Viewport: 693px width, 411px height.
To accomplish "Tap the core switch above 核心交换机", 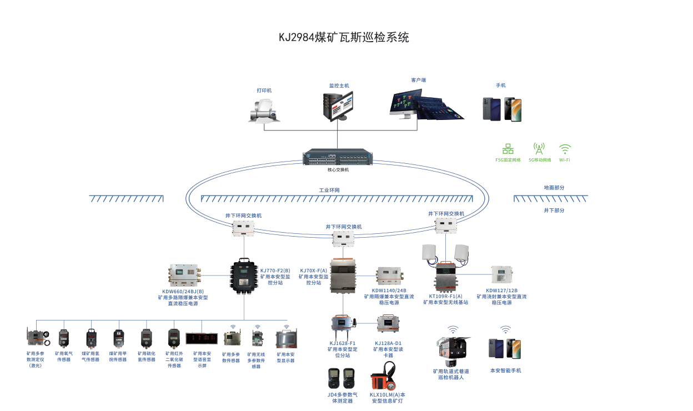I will click(338, 158).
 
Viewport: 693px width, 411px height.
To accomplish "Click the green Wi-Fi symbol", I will click(565, 149).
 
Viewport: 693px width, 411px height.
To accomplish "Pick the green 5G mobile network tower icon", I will click(539, 148).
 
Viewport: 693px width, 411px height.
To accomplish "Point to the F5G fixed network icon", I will click(508, 149).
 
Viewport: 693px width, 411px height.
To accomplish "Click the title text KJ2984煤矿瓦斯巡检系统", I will click(344, 38).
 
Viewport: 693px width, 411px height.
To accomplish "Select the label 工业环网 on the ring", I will click(329, 191).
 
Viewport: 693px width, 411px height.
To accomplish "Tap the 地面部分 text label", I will click(554, 188).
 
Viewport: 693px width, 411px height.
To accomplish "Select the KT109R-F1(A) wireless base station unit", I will click(446, 278).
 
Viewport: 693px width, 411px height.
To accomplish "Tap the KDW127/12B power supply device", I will click(502, 275).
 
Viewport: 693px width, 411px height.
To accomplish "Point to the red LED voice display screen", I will click(202, 337).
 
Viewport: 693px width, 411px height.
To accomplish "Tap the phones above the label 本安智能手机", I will click(505, 348).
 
